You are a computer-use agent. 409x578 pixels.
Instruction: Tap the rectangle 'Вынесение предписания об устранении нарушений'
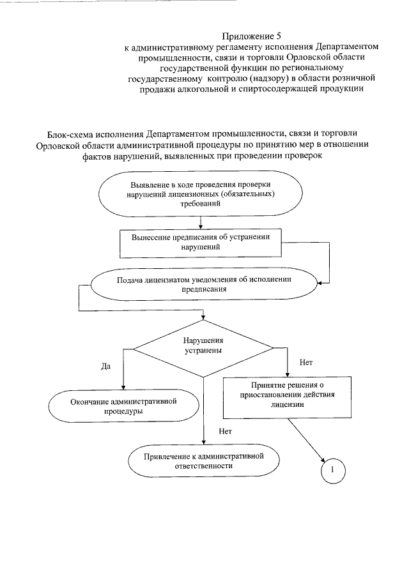click(201, 241)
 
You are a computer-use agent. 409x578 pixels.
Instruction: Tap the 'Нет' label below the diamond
click(224, 431)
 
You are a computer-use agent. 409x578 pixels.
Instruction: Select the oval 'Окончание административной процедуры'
click(122, 406)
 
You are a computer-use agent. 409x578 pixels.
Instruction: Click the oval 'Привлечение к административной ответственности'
click(204, 461)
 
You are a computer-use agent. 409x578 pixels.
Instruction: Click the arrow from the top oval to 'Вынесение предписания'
click(201, 222)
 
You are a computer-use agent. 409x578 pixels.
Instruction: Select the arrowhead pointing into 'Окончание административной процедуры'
click(122, 386)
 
